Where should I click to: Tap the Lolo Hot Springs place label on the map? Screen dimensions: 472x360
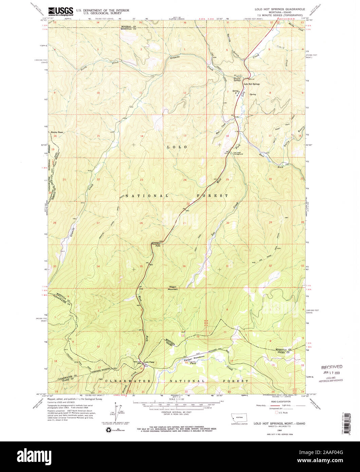pos(252,84)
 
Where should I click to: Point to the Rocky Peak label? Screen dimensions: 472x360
pos(57,132)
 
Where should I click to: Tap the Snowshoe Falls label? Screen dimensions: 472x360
pos(156,244)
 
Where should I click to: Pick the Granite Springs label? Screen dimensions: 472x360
pos(237,80)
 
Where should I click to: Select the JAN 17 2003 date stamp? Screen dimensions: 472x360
pos(333,373)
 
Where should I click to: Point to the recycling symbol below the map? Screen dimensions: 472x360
pos(108,430)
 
